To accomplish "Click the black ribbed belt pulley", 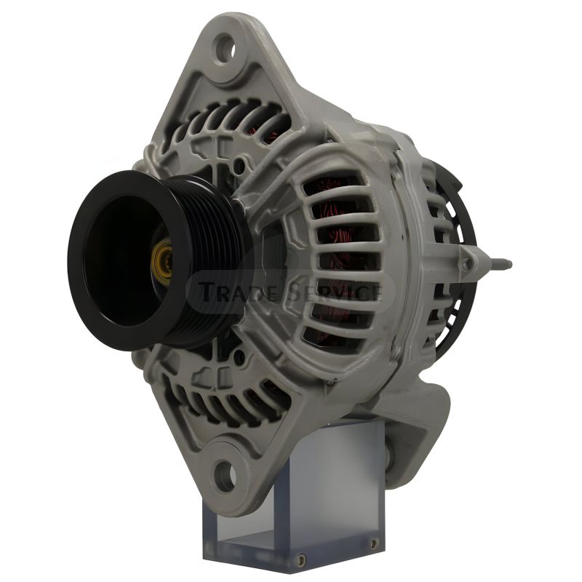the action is tap(156, 260).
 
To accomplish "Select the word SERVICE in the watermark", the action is tap(332, 292).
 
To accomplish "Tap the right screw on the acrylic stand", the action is tap(374, 544).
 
